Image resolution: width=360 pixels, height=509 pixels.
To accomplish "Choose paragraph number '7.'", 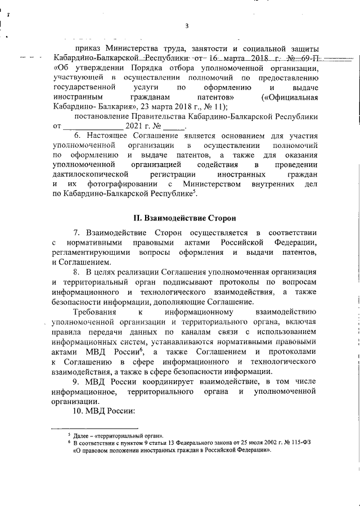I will pos(78,232).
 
